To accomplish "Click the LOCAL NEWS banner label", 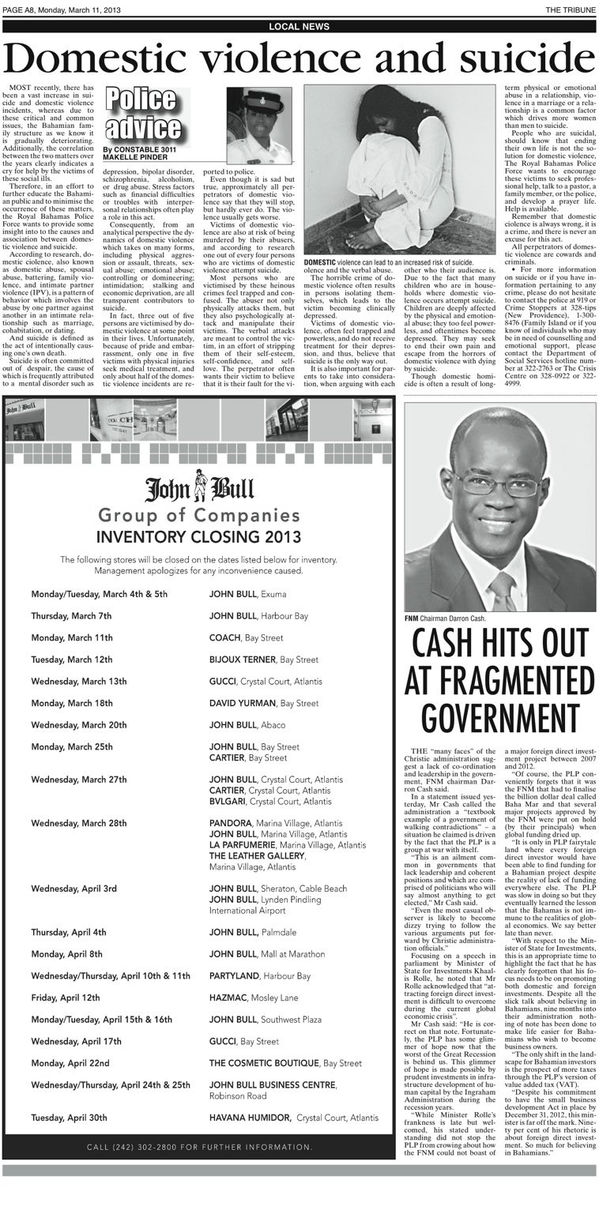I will click(299, 26).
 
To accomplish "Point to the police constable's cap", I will click(258, 100).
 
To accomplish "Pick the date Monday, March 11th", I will click(72, 637).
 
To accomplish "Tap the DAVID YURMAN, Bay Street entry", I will click(264, 703).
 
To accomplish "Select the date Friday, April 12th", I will click(66, 998).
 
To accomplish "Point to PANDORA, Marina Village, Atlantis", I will click(276, 823).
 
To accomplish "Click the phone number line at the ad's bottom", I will click(200, 1147).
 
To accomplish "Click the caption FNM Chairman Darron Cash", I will click(450, 618).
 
